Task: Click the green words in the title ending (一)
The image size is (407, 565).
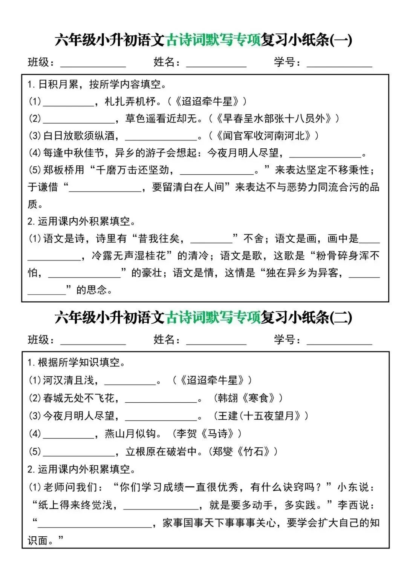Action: click(x=213, y=40)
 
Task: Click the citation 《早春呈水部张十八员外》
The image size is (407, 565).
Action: click(x=274, y=119)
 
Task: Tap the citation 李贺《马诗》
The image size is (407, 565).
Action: click(x=207, y=434)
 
